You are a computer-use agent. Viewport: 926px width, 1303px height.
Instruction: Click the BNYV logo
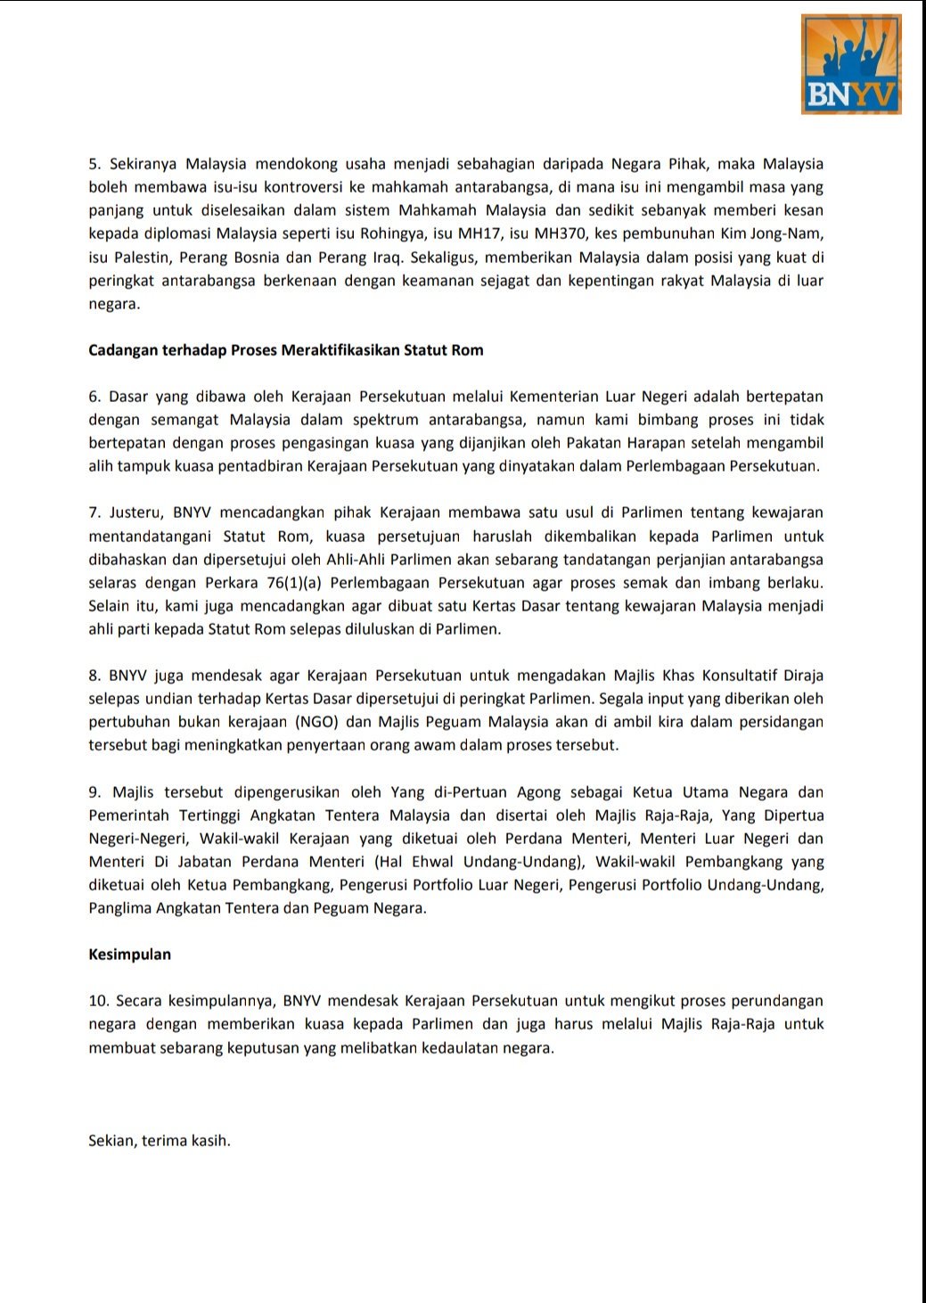tap(851, 64)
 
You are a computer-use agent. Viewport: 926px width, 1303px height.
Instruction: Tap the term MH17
tap(479, 234)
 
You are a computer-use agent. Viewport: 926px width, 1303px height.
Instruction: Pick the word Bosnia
tap(256, 258)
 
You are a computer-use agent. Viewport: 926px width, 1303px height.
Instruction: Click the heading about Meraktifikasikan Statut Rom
tap(285, 350)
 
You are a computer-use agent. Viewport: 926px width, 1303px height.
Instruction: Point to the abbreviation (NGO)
tap(320, 722)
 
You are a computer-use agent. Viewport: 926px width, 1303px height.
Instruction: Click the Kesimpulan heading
tap(129, 955)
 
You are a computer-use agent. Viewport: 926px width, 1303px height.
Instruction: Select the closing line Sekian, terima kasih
tap(160, 1141)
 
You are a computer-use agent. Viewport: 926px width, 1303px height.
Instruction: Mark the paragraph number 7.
tap(94, 513)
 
